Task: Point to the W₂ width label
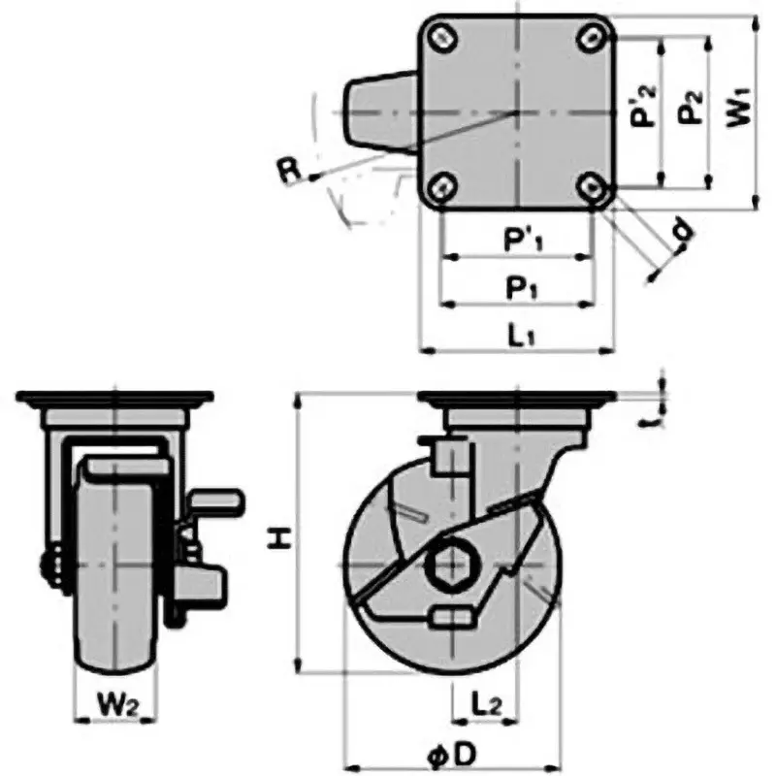114,699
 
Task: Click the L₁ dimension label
520,334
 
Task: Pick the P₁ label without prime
518,288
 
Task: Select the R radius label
287,171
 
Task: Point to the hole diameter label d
682,230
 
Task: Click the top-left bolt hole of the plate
441,38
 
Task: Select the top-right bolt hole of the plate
593,38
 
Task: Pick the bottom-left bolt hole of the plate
441,186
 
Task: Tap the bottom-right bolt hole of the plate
593,186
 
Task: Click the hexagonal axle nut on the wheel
452,564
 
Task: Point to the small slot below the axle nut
452,616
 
